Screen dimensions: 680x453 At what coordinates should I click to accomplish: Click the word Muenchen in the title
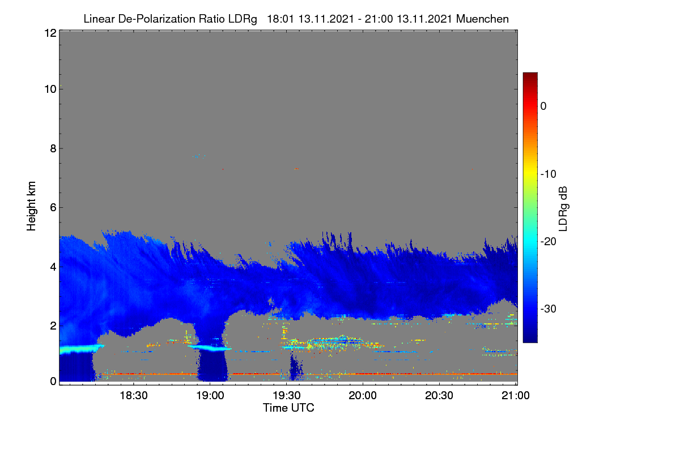[482, 19]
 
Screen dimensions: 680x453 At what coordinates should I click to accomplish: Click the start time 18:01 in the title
[280, 19]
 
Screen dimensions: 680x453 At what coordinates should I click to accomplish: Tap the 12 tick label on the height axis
[50, 33]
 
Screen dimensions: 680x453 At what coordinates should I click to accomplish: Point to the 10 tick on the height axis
[50, 89]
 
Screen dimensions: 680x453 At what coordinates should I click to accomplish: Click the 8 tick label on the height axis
[53, 148]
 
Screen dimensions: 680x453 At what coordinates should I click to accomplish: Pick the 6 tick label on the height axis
[53, 208]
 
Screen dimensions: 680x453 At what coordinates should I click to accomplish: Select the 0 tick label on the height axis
[53, 382]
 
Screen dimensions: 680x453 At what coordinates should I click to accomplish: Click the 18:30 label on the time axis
[134, 396]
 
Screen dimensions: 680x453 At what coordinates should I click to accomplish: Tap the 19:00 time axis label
[210, 396]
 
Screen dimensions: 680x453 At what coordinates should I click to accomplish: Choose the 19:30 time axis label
[287, 396]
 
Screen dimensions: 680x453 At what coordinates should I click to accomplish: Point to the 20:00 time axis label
[363, 396]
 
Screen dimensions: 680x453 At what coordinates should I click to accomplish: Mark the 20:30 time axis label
[439, 396]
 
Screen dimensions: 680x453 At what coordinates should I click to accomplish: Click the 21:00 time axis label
[516, 396]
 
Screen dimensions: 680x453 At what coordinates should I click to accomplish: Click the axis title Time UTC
[288, 408]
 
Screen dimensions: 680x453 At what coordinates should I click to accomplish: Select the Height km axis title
[31, 206]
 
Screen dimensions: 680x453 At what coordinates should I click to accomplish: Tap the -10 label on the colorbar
[549, 174]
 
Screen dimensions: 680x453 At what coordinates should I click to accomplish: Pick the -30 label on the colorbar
[549, 309]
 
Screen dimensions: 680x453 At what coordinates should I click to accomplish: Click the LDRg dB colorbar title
[563, 209]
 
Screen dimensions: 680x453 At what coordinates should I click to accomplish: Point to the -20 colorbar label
[549, 242]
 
